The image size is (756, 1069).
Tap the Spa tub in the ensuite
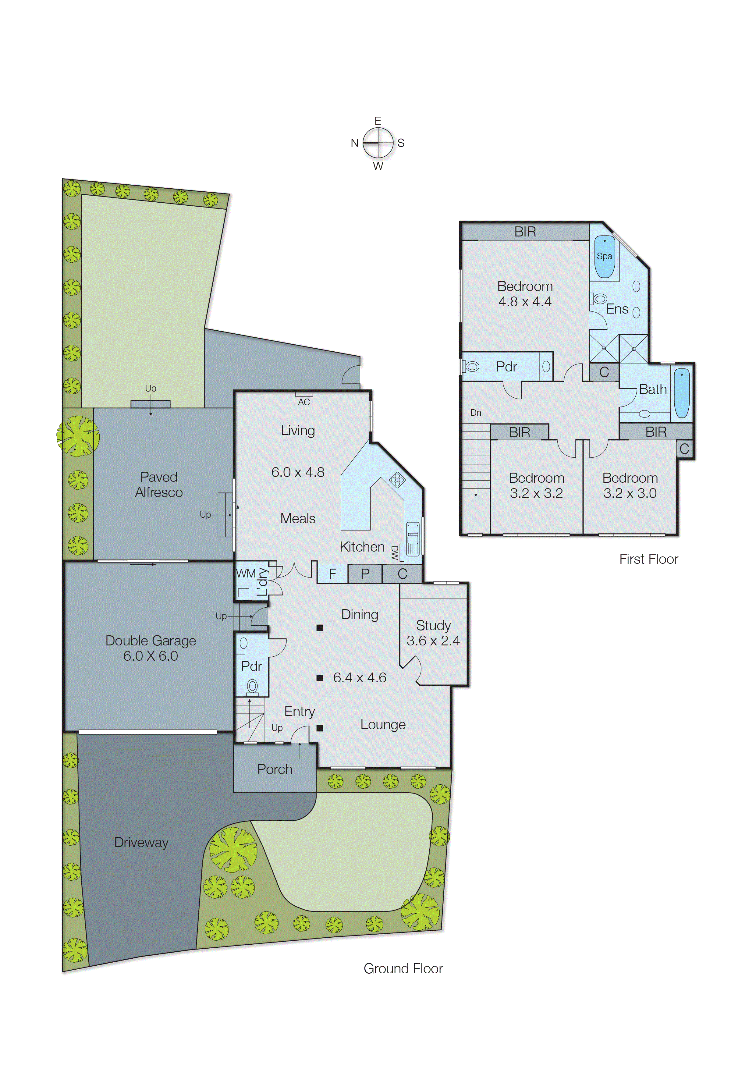pyautogui.click(x=604, y=257)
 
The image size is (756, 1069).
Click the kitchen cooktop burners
pyautogui.click(x=397, y=480)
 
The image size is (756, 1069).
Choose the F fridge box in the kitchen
pyautogui.click(x=332, y=574)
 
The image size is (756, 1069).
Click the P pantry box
pyautogui.click(x=365, y=574)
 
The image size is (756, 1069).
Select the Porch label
pyautogui.click(x=275, y=769)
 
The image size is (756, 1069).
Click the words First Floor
pyautogui.click(x=648, y=559)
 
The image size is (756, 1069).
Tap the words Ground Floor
pyautogui.click(x=403, y=968)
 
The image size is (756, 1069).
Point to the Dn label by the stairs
pyautogui.click(x=475, y=413)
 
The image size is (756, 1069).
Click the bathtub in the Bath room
pyautogui.click(x=682, y=393)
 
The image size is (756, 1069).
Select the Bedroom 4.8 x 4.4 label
pyautogui.click(x=525, y=294)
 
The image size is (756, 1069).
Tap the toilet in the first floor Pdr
pyautogui.click(x=471, y=366)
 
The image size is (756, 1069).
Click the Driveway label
pyautogui.click(x=141, y=842)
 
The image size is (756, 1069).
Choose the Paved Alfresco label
pyautogui.click(x=159, y=485)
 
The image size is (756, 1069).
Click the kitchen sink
pyautogui.click(x=413, y=539)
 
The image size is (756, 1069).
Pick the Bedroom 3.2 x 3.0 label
pyautogui.click(x=630, y=486)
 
